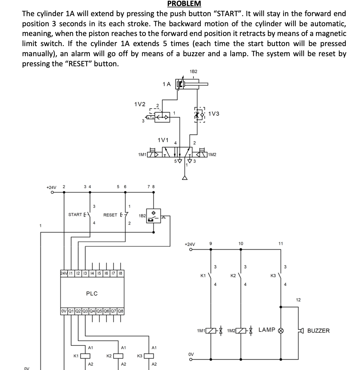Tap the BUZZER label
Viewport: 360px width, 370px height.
[318, 331]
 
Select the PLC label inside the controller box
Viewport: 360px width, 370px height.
[92, 294]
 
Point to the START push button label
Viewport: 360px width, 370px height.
[75, 215]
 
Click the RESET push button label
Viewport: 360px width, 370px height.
[110, 215]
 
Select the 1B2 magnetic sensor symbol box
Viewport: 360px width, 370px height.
[154, 216]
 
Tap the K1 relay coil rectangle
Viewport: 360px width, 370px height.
[85, 356]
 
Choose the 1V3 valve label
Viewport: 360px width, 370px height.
[214, 114]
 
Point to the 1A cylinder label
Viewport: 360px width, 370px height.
[166, 84]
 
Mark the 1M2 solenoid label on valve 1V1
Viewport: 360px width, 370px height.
[212, 155]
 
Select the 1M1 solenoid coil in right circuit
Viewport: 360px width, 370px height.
[211, 331]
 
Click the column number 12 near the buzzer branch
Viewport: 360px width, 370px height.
[298, 299]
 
